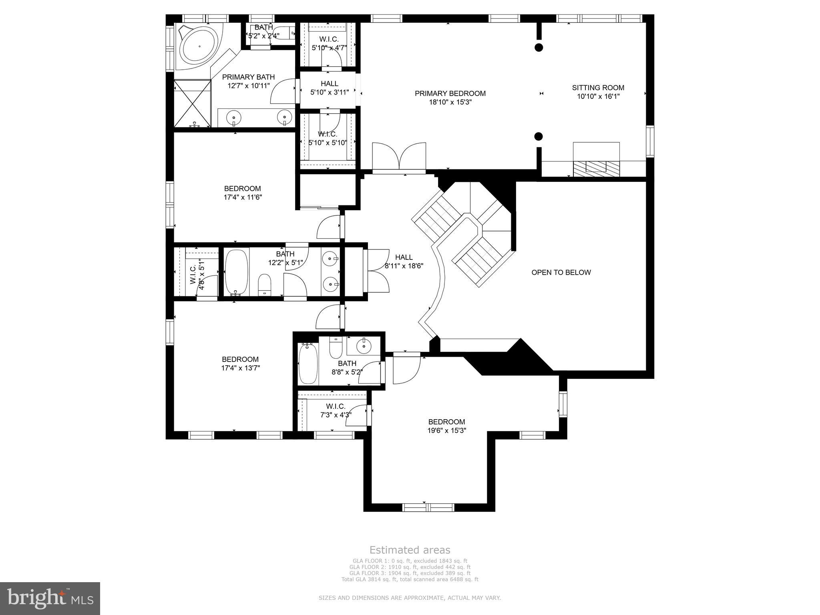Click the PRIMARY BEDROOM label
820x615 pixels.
click(x=450, y=93)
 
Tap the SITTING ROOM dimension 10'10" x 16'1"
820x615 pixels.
click(x=598, y=96)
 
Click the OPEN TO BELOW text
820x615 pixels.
click(x=561, y=273)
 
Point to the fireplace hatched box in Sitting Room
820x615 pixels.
click(x=596, y=168)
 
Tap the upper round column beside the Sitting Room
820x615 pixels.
click(x=539, y=47)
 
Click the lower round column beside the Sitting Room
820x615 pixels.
click(x=539, y=136)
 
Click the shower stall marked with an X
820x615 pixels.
click(x=193, y=104)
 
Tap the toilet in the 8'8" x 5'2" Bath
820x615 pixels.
click(x=335, y=349)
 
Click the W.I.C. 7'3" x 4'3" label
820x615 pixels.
click(x=336, y=406)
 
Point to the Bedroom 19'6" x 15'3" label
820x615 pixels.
click(x=446, y=422)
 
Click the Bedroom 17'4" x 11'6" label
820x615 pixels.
click(x=242, y=189)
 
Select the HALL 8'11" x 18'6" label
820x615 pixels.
click(x=404, y=257)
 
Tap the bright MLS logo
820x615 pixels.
click(x=50, y=598)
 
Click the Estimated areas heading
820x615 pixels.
click(x=410, y=550)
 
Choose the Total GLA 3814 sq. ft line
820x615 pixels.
click(x=410, y=579)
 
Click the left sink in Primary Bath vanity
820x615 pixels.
click(x=234, y=117)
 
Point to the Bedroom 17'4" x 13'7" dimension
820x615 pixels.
click(x=241, y=368)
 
